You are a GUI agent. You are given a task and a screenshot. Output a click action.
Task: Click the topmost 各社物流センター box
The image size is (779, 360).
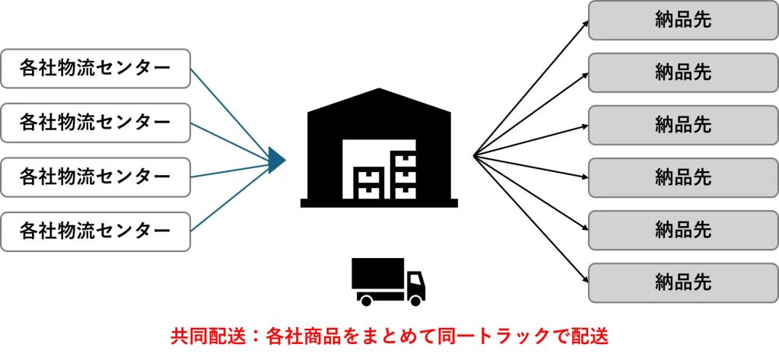95,68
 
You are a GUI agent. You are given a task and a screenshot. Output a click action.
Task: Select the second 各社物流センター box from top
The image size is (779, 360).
95,122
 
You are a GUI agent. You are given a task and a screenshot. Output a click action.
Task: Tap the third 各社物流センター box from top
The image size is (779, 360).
95,177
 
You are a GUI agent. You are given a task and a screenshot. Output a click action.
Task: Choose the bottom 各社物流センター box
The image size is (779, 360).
95,231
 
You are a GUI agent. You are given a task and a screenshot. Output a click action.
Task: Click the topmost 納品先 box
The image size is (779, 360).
682,21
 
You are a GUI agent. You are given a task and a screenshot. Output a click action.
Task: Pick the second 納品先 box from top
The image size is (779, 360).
682,73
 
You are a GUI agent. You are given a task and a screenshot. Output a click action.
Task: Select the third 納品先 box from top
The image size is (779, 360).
682,125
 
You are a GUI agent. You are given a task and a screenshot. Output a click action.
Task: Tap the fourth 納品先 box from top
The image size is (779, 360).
682,177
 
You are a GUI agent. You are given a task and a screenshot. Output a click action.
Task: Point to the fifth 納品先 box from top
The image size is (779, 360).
682,230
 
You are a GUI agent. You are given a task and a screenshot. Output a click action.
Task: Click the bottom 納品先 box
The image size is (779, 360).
682,282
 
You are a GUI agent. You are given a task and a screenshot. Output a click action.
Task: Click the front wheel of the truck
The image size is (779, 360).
415,300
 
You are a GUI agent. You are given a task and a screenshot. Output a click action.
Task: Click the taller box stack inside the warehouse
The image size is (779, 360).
402,175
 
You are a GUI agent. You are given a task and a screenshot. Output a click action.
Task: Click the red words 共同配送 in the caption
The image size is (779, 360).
196,336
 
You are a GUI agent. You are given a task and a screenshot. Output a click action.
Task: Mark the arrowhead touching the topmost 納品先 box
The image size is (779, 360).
585,22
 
